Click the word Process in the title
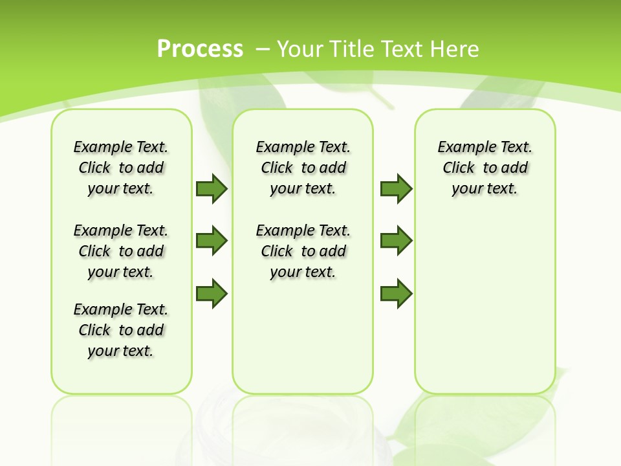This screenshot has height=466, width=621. click(200, 49)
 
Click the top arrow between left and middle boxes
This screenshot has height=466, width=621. click(212, 188)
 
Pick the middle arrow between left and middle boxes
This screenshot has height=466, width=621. click(212, 241)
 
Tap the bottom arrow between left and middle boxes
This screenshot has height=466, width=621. click(212, 293)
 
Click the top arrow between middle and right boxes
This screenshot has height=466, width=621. click(396, 188)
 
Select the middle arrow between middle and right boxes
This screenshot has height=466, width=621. click(396, 241)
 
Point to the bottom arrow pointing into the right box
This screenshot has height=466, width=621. click(396, 293)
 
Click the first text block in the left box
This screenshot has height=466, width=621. click(121, 168)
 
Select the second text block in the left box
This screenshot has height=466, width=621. click(121, 251)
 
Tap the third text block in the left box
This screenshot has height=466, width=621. click(121, 330)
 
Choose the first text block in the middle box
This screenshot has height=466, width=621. click(303, 168)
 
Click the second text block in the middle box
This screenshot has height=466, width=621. click(303, 251)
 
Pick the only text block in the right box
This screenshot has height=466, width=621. click(485, 168)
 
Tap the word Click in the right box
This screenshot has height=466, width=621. click(459, 168)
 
